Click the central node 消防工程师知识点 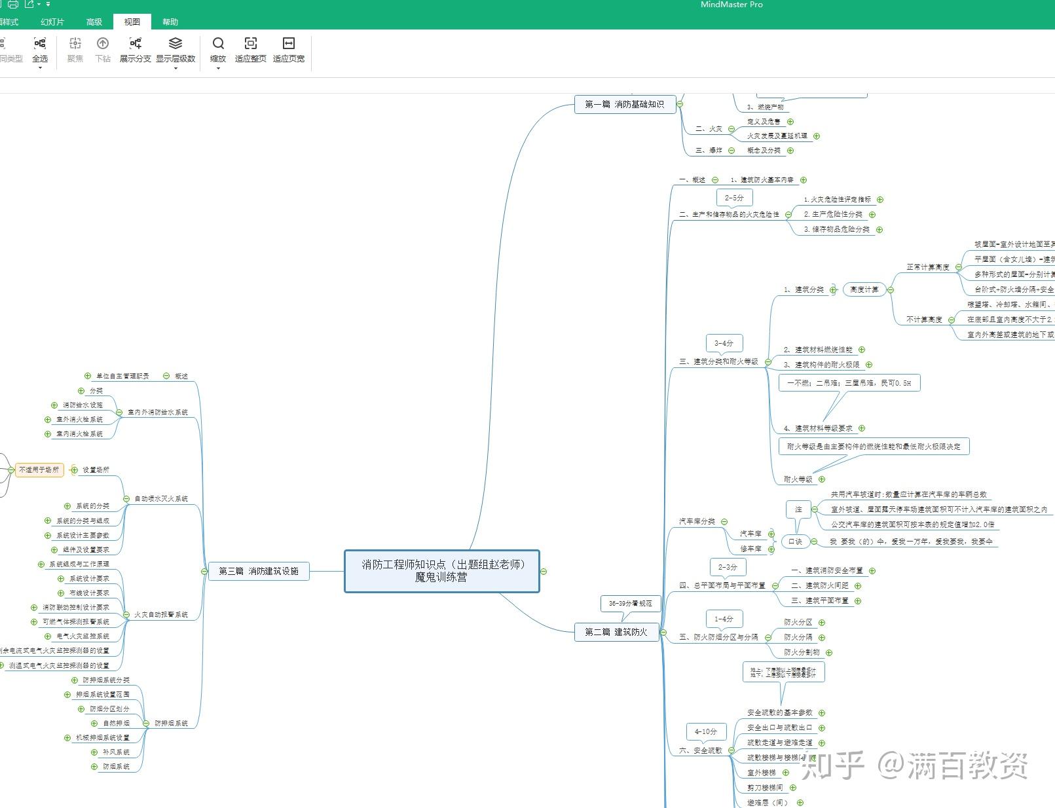(442, 571)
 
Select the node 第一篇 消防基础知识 (624, 104)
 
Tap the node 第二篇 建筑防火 (616, 632)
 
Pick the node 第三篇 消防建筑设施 (259, 571)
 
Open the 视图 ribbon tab (132, 22)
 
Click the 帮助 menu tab (170, 22)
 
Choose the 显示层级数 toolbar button (176, 49)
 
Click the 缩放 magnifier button (218, 49)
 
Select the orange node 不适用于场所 (39, 469)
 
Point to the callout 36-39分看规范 (630, 603)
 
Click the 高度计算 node (864, 289)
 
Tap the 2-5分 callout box (734, 198)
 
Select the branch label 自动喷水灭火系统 (161, 499)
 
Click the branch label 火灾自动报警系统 (161, 615)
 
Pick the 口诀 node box (795, 542)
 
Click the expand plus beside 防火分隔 (822, 638)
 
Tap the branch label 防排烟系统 (171, 724)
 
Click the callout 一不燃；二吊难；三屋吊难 (849, 383)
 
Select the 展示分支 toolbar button (135, 49)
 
